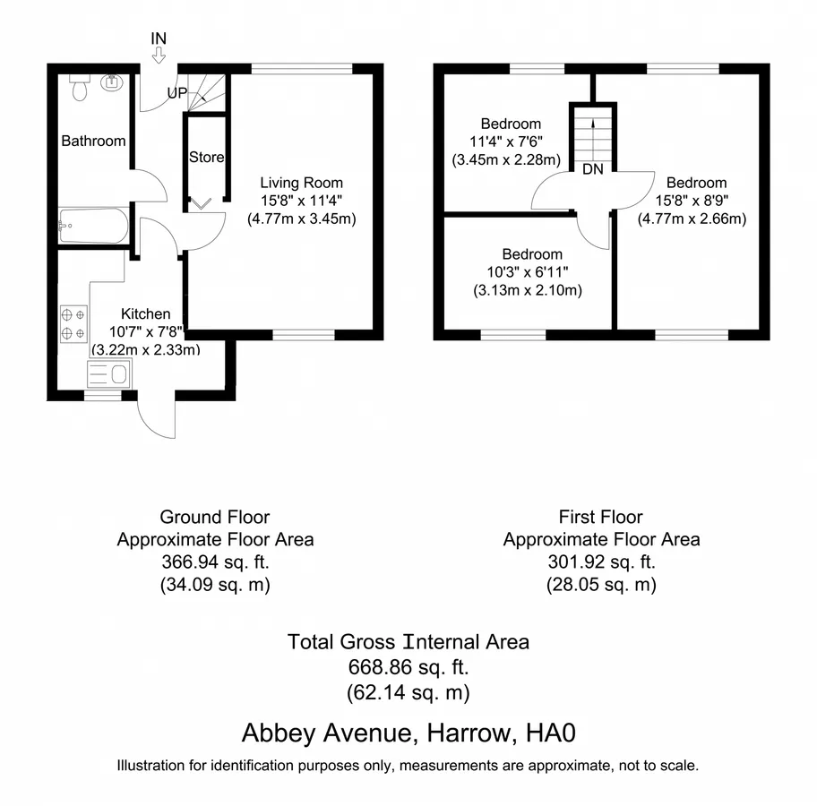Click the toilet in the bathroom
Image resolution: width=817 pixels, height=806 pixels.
(79, 87)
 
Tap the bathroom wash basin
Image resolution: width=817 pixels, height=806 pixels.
(111, 82)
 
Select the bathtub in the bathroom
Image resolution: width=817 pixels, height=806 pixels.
(93, 226)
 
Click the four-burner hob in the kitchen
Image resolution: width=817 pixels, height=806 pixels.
(73, 323)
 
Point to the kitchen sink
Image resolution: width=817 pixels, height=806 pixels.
(108, 373)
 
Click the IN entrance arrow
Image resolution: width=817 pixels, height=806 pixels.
(159, 55)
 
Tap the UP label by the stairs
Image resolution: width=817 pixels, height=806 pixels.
(177, 93)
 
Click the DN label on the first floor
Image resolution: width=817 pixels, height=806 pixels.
(593, 168)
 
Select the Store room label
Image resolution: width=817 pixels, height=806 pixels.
(206, 157)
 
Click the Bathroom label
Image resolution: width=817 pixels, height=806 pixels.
(93, 141)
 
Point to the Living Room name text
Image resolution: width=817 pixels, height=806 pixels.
(302, 183)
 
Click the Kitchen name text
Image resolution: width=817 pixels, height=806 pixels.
(145, 313)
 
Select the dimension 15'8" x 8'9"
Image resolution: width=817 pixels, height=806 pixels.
(692, 201)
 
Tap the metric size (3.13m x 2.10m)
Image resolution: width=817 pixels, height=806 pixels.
(528, 290)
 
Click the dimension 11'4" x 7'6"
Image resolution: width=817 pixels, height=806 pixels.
(506, 141)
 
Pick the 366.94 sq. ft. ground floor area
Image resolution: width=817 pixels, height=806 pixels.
(215, 562)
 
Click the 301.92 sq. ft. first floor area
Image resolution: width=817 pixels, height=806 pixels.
(601, 562)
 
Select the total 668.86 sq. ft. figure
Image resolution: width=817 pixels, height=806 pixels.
(408, 667)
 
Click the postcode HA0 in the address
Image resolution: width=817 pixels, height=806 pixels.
(551, 733)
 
